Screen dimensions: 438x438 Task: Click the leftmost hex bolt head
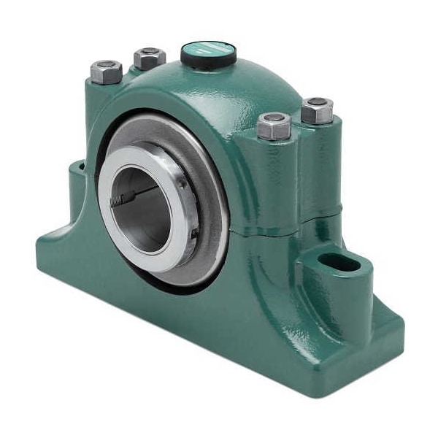coord(106,71)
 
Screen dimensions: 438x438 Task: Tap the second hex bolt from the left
coord(149,57)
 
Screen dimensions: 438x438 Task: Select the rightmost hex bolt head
coord(317,109)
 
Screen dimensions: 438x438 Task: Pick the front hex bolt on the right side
coord(274,126)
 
